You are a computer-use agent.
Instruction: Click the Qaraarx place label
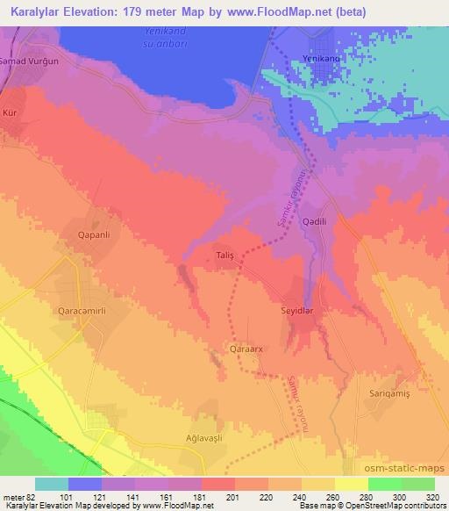[246, 349]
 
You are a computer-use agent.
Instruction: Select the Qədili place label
[314, 223]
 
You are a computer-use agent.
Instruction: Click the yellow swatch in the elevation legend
[351, 484]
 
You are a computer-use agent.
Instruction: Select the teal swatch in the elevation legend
[52, 484]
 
